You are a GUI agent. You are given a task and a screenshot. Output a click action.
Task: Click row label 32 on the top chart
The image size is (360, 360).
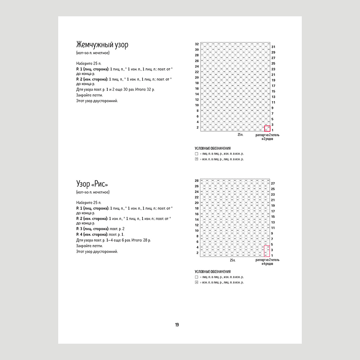pyautogui.click(x=197, y=44)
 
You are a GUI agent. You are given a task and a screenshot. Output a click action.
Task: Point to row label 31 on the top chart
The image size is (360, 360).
pyautogui.click(x=273, y=47)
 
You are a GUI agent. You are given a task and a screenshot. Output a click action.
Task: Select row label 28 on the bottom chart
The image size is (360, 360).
pyautogui.click(x=197, y=180)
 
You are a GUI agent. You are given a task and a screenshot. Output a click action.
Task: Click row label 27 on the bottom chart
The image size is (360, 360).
pyautogui.click(x=273, y=183)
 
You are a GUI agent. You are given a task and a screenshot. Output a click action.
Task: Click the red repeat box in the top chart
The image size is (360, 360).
pyautogui.click(x=267, y=129)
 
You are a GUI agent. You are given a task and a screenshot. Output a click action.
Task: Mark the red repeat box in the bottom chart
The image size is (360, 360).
pyautogui.click(x=267, y=251)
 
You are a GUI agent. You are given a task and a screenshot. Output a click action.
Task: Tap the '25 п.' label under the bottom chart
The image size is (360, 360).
pyautogui.click(x=233, y=260)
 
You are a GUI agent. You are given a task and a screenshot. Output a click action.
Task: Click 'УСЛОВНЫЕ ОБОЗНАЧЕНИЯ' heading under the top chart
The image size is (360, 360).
pyautogui.click(x=213, y=148)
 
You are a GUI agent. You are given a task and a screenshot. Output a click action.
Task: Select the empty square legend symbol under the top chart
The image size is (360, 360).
pyautogui.click(x=197, y=153)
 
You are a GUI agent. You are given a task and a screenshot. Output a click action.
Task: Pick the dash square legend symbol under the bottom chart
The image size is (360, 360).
pyautogui.click(x=197, y=283)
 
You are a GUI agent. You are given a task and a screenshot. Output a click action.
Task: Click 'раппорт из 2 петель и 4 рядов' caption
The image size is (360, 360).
pyautogui.click(x=267, y=262)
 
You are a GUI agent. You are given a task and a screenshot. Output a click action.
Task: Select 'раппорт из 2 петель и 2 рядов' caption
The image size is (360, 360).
pyautogui.click(x=267, y=137)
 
